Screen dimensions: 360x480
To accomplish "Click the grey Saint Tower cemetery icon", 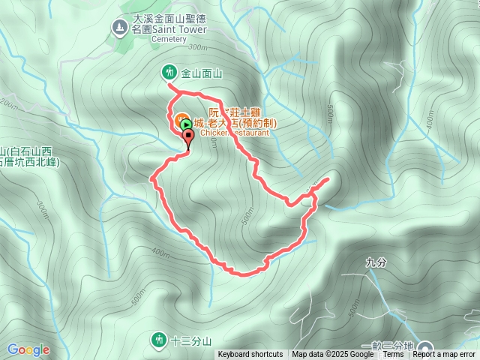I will click(119, 28).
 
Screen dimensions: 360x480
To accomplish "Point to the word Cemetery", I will click(167, 39).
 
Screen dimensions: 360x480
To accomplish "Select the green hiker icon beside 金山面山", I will click(170, 72).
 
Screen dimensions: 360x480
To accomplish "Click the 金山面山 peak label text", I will click(202, 73).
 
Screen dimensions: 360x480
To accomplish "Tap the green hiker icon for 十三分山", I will click(158, 340).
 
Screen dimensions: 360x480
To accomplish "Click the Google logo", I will click(28, 349).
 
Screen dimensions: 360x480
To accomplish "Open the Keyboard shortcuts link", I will click(250, 355).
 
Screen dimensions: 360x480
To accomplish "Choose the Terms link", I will click(394, 355).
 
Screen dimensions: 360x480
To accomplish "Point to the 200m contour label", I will click(9, 104).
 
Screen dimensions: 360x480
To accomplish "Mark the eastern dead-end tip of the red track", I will click(328, 180).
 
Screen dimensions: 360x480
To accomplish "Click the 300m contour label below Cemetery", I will click(197, 47).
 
